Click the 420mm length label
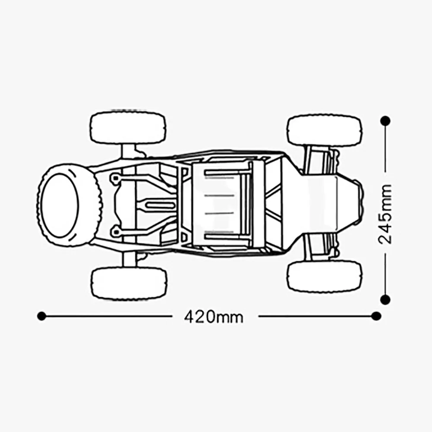tap(214, 317)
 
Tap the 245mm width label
tap(385, 214)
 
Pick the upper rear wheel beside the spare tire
tap(128, 128)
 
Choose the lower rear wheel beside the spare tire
tap(129, 283)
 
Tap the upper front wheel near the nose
tap(325, 130)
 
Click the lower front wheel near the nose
tap(325, 277)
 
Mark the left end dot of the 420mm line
tap(41, 316)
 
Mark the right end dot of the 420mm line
tap(376, 316)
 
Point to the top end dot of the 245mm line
tap(385, 121)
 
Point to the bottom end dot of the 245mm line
tap(385, 299)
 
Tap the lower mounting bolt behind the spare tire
tap(116, 232)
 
